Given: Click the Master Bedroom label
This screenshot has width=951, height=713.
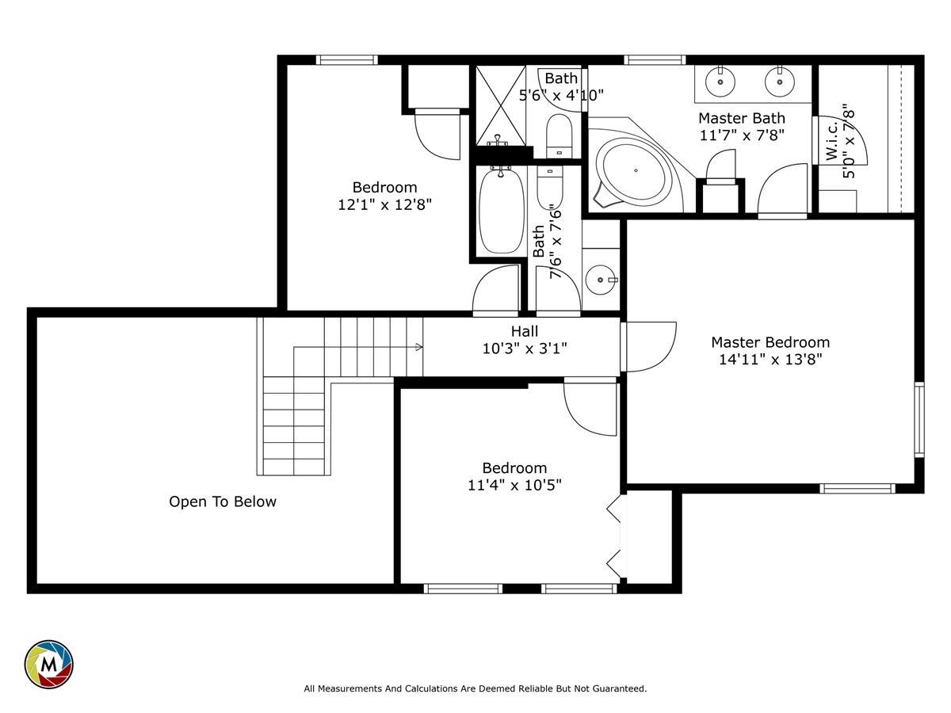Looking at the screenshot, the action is click(770, 342).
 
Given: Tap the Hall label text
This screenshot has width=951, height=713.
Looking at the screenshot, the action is click(525, 332).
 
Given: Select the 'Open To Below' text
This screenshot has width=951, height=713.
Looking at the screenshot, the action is click(223, 501).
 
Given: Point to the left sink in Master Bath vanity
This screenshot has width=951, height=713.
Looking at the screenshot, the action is click(720, 82).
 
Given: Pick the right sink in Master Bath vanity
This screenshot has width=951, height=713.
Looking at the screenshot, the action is click(780, 82).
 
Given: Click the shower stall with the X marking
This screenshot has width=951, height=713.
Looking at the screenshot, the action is click(501, 105).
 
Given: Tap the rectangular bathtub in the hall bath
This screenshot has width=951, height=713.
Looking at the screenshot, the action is click(502, 212).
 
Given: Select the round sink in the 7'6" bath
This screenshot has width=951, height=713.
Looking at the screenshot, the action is click(601, 280).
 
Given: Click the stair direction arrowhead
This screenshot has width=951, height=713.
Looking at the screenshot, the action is click(419, 347).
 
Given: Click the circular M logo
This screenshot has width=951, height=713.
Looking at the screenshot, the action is click(49, 665).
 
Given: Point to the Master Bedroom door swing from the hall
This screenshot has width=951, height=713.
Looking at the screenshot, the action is click(648, 347).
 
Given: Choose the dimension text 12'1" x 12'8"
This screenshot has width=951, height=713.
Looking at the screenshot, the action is click(384, 204).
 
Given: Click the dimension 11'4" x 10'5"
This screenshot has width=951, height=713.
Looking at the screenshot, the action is click(514, 486).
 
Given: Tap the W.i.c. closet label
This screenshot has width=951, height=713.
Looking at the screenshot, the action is click(832, 141).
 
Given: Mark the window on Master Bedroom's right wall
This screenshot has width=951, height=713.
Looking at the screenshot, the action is click(919, 420).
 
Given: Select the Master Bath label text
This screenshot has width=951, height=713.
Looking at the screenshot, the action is click(742, 118).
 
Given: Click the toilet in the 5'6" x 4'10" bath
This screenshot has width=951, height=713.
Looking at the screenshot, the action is click(559, 136).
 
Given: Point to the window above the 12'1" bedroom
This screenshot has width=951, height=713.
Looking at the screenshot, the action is click(346, 59).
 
